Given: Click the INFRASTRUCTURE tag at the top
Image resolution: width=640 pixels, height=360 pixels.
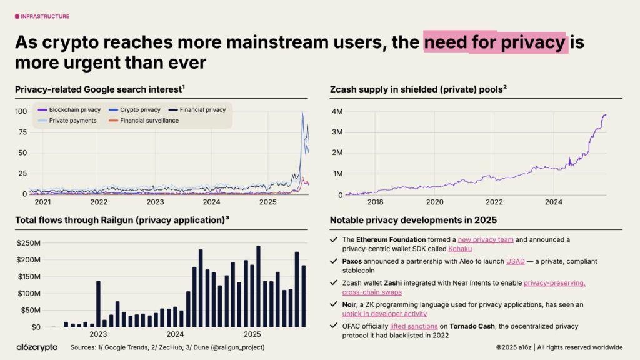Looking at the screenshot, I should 42,16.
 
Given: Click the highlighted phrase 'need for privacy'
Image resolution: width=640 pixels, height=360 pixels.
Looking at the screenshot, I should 494,42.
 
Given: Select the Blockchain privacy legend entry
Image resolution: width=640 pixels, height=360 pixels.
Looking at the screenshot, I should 70,109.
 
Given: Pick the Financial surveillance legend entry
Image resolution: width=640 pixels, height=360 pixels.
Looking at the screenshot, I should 149,120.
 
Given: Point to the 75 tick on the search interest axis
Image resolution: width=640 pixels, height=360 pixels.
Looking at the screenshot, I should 21,132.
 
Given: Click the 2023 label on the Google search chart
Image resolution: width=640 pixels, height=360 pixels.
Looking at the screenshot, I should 155,202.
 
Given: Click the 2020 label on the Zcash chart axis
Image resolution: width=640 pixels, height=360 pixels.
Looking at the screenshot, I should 434,202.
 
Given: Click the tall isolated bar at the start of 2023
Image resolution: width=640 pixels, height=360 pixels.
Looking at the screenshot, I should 98,304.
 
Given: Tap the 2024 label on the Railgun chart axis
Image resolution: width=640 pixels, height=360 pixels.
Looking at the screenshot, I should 175,334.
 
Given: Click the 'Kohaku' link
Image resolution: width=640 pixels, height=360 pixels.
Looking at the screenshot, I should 460,249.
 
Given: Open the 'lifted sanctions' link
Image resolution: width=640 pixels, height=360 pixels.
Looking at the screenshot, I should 409,326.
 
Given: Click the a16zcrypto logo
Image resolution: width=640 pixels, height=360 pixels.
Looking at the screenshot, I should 37,347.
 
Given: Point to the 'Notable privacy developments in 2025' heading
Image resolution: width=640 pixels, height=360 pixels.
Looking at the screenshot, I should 413,220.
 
